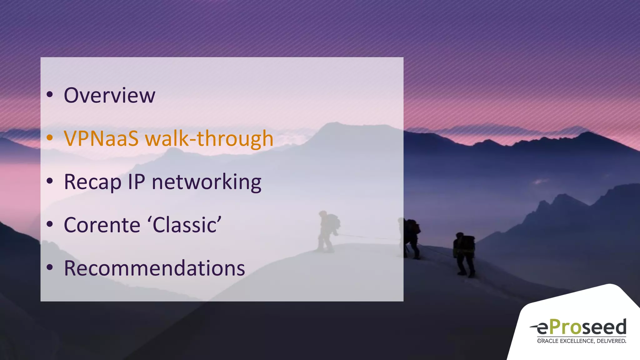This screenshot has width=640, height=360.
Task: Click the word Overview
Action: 109,95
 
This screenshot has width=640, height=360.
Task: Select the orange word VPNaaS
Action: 101,138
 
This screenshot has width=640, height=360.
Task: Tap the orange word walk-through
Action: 209,138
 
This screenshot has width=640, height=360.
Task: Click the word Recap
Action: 92,182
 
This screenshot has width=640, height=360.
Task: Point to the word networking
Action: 206,182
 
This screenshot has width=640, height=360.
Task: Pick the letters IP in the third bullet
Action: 136,182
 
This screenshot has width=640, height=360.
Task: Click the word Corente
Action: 102,225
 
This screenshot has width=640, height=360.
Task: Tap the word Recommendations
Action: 154,268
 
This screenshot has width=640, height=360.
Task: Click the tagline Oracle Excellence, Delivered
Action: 582,341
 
